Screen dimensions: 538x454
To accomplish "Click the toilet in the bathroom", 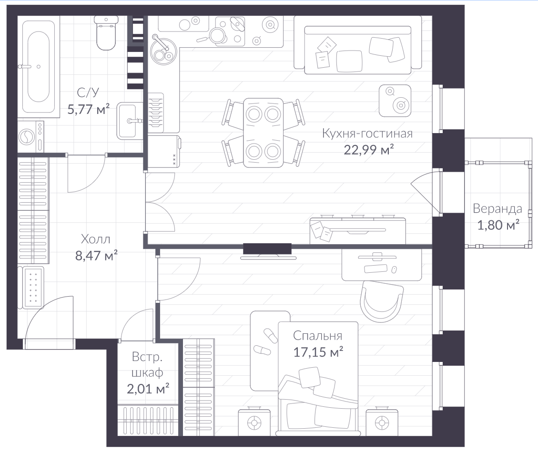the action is point(106,34).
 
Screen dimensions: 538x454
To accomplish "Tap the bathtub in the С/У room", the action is point(39,67).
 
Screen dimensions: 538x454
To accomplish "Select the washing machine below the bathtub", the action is point(31,137).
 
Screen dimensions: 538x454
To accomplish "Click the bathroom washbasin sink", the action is point(130,121).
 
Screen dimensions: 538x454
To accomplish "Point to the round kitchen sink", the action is point(163,51).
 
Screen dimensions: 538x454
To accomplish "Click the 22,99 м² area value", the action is point(368,150).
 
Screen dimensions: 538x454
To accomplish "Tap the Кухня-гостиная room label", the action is point(367,133).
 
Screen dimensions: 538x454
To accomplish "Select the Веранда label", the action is point(497,208).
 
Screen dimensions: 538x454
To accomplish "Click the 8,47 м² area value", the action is point(96,255).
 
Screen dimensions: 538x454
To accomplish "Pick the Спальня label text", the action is point(317,336).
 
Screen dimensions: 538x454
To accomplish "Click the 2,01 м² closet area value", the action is point(148,389).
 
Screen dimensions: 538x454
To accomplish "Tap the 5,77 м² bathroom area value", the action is point(89,109).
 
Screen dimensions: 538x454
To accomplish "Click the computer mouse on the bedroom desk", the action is point(394,269).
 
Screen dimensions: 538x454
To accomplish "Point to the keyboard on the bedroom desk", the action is point(376,268).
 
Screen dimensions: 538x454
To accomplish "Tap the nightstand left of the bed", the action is point(254,422).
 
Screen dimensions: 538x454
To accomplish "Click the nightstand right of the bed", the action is point(382,422).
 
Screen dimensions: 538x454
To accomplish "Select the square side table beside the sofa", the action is point(395,101).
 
